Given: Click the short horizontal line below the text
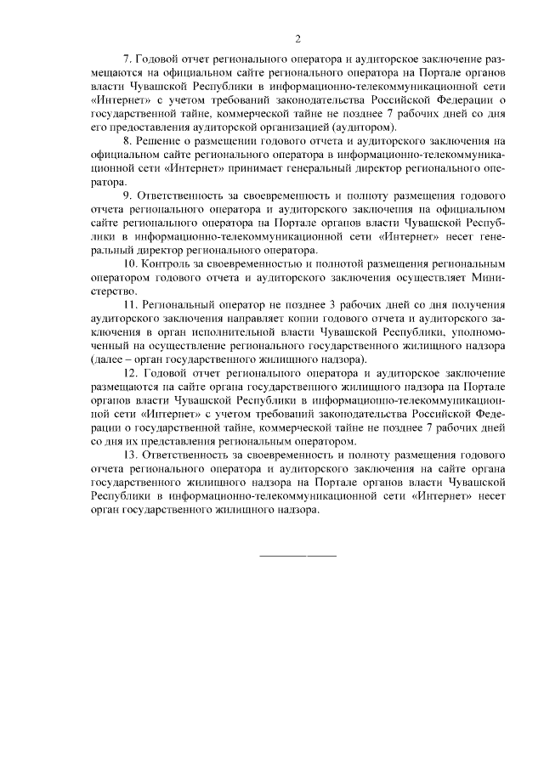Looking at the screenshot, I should click(297, 555).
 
